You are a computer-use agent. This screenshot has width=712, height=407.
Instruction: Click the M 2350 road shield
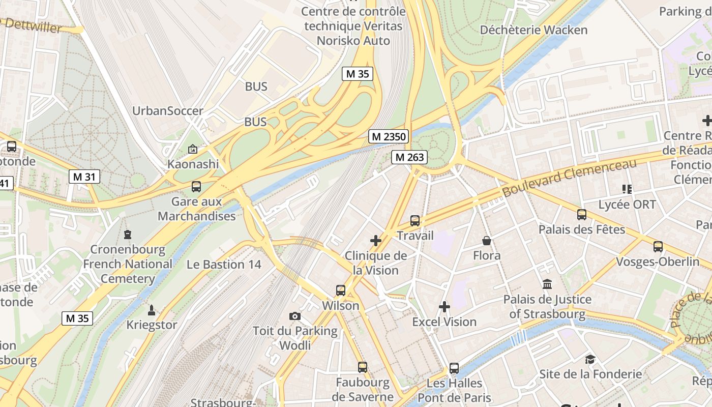389,136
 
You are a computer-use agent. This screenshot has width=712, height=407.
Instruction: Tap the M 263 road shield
409,157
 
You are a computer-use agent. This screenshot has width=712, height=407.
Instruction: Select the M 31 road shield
84,177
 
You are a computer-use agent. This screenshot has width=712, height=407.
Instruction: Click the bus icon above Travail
415,221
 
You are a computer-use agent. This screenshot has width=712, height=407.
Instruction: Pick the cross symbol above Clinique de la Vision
376,241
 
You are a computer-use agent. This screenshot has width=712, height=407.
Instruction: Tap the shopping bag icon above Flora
487,241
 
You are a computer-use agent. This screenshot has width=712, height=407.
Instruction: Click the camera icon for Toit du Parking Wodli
294,316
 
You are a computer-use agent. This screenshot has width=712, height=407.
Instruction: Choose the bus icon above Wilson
341,290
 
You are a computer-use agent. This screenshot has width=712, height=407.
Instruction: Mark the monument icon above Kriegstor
151,310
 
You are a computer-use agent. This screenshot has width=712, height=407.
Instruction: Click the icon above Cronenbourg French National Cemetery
127,235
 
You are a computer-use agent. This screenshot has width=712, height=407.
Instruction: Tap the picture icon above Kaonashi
193,149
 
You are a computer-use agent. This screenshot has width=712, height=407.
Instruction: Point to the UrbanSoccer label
167,111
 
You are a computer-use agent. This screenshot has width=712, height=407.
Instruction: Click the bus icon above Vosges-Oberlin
658,247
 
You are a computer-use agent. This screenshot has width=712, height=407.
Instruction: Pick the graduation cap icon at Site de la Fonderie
590,359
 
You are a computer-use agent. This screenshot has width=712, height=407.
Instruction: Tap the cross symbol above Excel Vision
444,307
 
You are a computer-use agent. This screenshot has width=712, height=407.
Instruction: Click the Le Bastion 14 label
224,265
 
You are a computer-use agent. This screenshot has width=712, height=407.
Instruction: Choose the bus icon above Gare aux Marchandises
196,187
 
